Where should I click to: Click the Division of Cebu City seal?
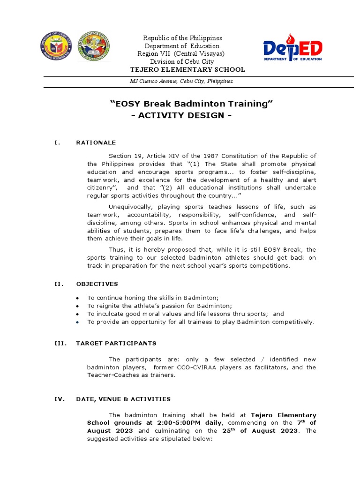click(x=56, y=47)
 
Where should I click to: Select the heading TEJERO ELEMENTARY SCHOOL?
click(x=187, y=70)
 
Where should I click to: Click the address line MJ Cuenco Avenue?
click(x=181, y=81)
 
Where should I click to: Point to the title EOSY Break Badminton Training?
click(x=191, y=103)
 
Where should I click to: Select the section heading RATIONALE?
click(x=96, y=142)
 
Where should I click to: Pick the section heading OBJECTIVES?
click(x=97, y=284)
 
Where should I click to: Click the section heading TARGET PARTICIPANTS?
click(x=116, y=343)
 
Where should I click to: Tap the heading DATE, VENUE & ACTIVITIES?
click(x=123, y=399)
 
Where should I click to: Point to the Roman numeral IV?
click(x=59, y=399)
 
